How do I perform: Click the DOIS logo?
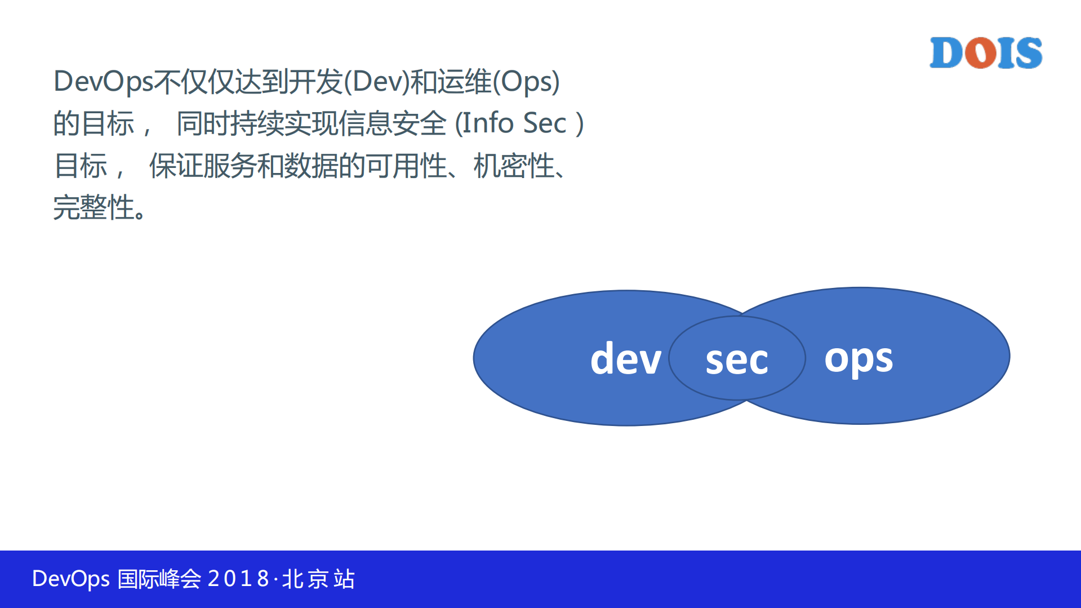(985, 53)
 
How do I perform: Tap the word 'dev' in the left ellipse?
(625, 358)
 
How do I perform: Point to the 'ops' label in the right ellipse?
(858, 358)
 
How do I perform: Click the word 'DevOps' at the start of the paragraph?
(103, 82)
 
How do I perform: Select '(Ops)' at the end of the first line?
(526, 82)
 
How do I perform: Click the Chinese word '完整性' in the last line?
(94, 207)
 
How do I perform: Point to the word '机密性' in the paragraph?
(514, 166)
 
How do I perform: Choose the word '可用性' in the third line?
(406, 166)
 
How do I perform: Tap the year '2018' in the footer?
(239, 579)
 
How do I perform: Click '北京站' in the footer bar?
(318, 579)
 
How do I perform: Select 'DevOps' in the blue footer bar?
(70, 579)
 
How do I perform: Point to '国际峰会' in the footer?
(159, 579)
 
